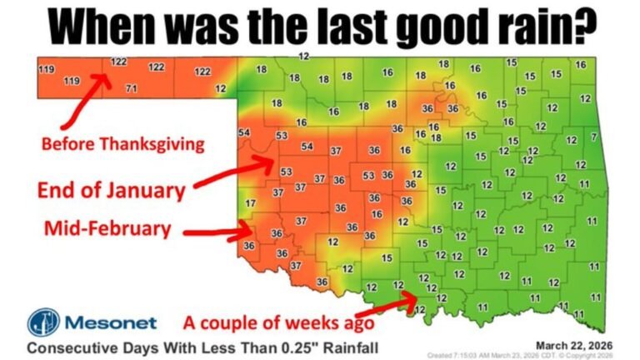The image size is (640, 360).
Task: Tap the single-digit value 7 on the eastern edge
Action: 593,136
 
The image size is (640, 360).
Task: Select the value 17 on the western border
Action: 251,203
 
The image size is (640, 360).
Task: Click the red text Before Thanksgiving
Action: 122,144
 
